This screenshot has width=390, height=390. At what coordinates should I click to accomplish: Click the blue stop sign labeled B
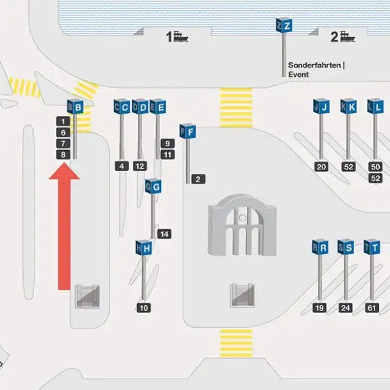(75, 107)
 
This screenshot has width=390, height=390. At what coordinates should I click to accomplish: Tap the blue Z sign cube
(284, 25)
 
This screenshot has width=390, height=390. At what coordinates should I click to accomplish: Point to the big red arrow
(64, 226)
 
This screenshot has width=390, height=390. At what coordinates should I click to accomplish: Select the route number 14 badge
(164, 233)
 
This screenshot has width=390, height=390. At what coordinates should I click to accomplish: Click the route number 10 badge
(144, 308)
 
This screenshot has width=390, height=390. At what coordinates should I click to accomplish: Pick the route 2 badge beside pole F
(198, 179)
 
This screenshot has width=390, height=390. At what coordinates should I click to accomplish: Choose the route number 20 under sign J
(321, 167)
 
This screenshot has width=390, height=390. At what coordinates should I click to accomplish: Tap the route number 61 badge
(372, 308)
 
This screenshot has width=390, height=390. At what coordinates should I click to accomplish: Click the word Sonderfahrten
(314, 65)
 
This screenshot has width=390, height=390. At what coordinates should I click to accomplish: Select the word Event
(298, 74)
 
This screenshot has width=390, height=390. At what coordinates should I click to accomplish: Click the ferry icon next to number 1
(181, 37)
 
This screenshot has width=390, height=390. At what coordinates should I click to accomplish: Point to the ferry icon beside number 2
(347, 37)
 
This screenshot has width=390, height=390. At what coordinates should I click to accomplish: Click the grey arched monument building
(242, 225)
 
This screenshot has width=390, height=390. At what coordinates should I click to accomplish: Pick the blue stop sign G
(153, 186)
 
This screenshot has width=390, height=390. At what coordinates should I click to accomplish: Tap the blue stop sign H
(144, 248)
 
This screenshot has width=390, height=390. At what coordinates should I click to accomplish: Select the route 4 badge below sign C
(122, 166)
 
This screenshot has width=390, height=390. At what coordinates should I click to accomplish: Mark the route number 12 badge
(140, 166)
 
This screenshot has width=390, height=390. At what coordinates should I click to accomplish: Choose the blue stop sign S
(346, 247)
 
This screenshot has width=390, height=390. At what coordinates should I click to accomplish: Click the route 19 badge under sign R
(319, 308)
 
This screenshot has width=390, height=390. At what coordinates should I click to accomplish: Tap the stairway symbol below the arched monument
(242, 295)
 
